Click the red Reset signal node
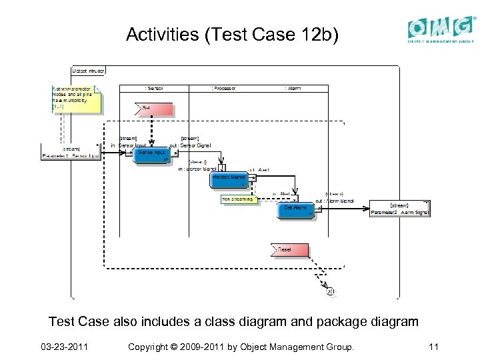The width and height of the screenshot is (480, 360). [290, 251]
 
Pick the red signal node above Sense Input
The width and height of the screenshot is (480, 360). [155, 109]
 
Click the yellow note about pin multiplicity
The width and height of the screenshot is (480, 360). [76, 99]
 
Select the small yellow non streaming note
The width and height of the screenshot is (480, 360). [239, 199]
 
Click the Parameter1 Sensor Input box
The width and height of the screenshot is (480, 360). [70, 152]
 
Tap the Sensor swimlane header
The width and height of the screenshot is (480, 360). [154, 88]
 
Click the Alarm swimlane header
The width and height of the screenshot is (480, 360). [293, 88]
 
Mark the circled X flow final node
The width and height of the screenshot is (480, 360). [329, 291]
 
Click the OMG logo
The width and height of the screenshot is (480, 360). [441, 30]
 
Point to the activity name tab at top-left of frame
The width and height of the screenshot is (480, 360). [88, 70]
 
